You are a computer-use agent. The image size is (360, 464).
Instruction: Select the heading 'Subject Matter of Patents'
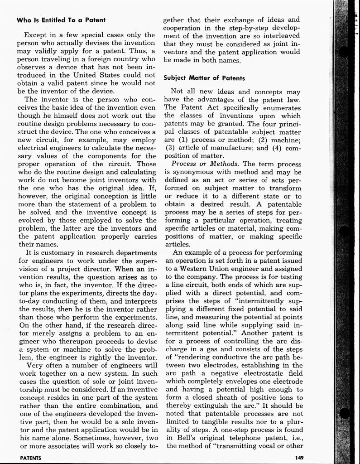pyautogui.click(x=204, y=78)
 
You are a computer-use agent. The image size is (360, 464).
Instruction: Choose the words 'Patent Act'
pyautogui.click(x=200, y=107)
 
